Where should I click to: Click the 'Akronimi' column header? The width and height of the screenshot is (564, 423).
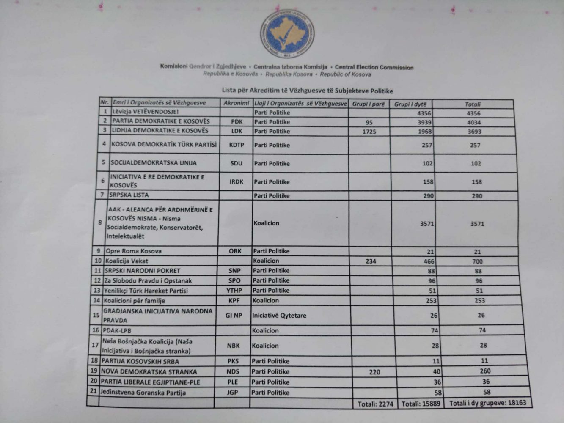236,103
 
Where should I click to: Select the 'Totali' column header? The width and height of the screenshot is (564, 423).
473,104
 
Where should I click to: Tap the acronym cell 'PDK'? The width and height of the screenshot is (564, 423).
237,121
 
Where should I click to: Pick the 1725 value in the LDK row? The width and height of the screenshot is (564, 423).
369,132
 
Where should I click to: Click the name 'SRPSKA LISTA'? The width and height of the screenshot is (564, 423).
129,195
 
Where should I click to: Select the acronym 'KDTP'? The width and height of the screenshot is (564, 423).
237,145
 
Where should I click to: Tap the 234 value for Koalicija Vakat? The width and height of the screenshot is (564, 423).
370,261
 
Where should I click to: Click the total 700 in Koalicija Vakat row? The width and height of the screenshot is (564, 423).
477,261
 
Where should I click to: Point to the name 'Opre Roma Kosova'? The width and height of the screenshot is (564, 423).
133,251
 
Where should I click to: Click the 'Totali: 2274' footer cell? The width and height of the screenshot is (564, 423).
375,404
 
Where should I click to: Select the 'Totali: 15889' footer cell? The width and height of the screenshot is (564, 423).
421,404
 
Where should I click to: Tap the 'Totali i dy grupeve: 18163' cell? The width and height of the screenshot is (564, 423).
487,403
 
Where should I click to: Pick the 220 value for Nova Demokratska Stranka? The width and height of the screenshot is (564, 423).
374,372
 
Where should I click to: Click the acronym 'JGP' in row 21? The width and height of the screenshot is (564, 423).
232,392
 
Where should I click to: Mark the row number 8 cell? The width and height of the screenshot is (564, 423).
100,222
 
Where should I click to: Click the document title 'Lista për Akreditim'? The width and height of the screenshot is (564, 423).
307,91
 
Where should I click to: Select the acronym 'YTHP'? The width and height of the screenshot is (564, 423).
234,291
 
